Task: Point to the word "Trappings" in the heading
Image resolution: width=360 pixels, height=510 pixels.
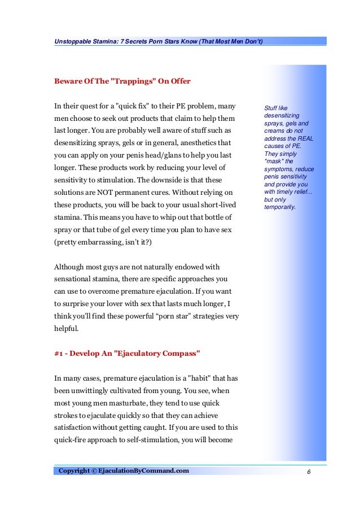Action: click(135, 81)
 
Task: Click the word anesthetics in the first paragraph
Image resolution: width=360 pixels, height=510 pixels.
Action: click(187, 143)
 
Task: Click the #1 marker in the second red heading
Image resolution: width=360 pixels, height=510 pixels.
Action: click(59, 354)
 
